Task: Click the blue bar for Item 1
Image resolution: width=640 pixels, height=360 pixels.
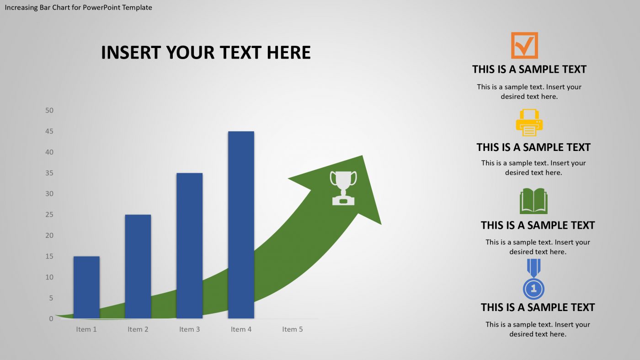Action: tap(86, 287)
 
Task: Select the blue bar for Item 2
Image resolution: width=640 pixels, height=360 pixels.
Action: tap(138, 266)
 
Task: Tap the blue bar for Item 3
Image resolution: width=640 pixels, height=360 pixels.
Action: tap(189, 245)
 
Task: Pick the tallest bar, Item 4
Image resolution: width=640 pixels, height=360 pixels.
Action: tap(241, 225)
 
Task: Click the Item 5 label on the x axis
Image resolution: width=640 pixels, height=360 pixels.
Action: tap(293, 329)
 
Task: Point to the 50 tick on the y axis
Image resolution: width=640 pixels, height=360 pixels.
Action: tap(49, 110)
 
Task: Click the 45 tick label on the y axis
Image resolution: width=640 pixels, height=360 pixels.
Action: tap(49, 131)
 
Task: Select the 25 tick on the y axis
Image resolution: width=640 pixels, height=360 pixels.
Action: tap(49, 215)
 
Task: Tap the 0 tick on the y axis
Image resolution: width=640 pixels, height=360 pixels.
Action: tap(51, 318)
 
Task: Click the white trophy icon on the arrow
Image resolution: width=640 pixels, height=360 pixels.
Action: tap(343, 188)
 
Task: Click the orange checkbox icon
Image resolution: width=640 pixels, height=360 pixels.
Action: tap(524, 45)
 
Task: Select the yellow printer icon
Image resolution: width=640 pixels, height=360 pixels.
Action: tap(529, 123)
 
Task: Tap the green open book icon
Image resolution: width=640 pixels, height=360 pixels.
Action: tap(533, 201)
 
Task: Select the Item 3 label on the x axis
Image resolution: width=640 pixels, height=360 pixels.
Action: tap(189, 329)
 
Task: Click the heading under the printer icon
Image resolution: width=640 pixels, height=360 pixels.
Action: tap(533, 147)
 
